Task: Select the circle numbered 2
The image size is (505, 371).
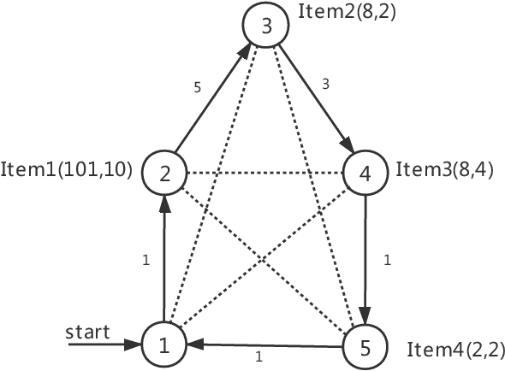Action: coord(163,173)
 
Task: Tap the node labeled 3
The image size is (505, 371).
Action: coord(266,26)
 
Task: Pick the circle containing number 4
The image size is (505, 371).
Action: coord(365,173)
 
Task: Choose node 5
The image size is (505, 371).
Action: coord(365,347)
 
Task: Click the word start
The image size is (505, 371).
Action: coord(89,331)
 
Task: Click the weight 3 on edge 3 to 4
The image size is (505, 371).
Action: coord(325,85)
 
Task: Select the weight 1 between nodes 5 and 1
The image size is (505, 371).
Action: coord(258,356)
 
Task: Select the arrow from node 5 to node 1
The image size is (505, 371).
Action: coord(265,345)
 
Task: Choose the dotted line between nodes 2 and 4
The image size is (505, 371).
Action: coord(264,174)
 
